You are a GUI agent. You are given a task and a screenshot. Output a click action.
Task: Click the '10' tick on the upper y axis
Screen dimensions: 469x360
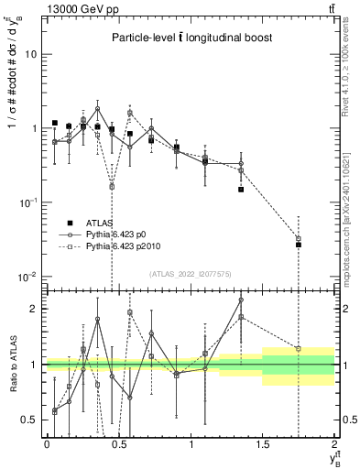[31, 54]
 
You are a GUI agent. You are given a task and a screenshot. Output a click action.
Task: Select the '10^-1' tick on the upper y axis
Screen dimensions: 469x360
[29, 202]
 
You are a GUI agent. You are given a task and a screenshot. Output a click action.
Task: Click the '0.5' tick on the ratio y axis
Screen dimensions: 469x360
[31, 420]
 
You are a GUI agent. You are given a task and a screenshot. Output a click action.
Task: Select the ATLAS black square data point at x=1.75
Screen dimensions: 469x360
[299, 245]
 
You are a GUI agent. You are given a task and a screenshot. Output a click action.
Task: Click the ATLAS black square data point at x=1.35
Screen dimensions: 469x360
[241, 190]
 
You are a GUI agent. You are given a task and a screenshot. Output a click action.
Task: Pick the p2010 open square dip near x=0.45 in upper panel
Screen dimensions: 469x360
[112, 186]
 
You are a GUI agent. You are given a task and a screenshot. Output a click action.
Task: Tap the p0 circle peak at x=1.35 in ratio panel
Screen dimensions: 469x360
[241, 300]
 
